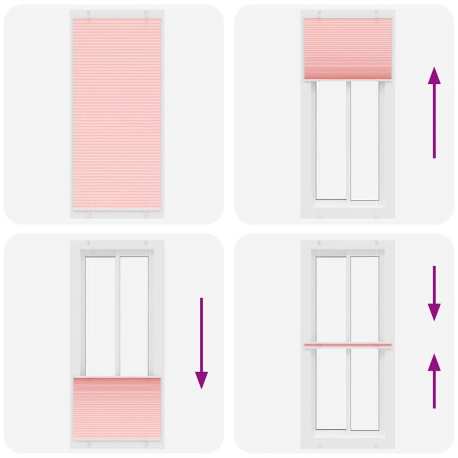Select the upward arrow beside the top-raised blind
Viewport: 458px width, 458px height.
(x=435, y=112)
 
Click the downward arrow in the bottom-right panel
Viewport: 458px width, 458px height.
(x=435, y=293)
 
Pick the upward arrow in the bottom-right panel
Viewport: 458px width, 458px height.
(x=435, y=381)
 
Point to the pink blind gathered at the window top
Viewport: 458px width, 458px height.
(x=348, y=49)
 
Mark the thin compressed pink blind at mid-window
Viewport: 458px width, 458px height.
(x=348, y=345)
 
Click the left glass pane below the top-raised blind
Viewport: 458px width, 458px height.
(x=331, y=140)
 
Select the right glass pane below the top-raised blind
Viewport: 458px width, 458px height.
(x=364, y=140)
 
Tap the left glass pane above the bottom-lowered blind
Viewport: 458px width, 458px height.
(x=100, y=315)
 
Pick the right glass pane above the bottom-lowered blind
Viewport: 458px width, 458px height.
(x=134, y=315)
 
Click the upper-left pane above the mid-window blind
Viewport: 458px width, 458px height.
(x=331, y=298)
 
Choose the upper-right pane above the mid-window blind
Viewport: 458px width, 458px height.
(x=364, y=298)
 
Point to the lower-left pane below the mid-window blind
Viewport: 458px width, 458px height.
(x=331, y=389)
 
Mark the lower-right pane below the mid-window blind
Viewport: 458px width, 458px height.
(x=364, y=389)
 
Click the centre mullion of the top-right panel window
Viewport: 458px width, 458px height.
(x=348, y=140)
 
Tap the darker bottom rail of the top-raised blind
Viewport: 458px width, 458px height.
(x=348, y=77)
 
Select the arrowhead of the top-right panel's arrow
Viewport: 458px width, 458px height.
(x=435, y=74)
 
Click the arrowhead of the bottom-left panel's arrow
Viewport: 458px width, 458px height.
(x=202, y=380)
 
